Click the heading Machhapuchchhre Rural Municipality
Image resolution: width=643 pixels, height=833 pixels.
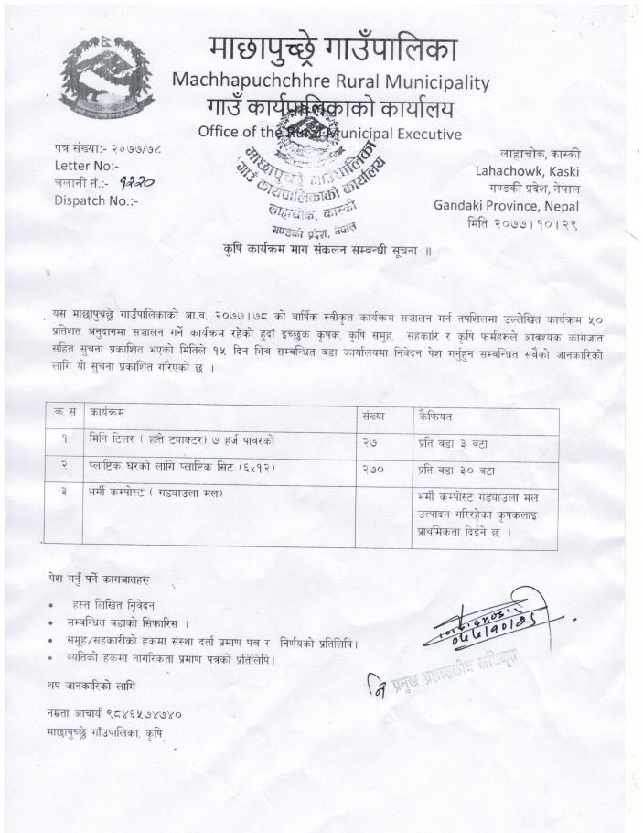click(x=330, y=81)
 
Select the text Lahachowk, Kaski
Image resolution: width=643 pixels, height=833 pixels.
click(x=527, y=170)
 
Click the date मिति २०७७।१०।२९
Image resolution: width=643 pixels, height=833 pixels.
click(x=535, y=222)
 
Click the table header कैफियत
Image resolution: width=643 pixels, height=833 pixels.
click(x=436, y=415)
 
